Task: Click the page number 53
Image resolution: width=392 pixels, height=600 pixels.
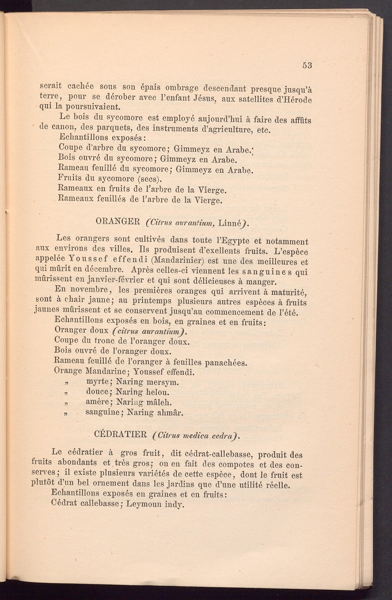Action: click(307, 66)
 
